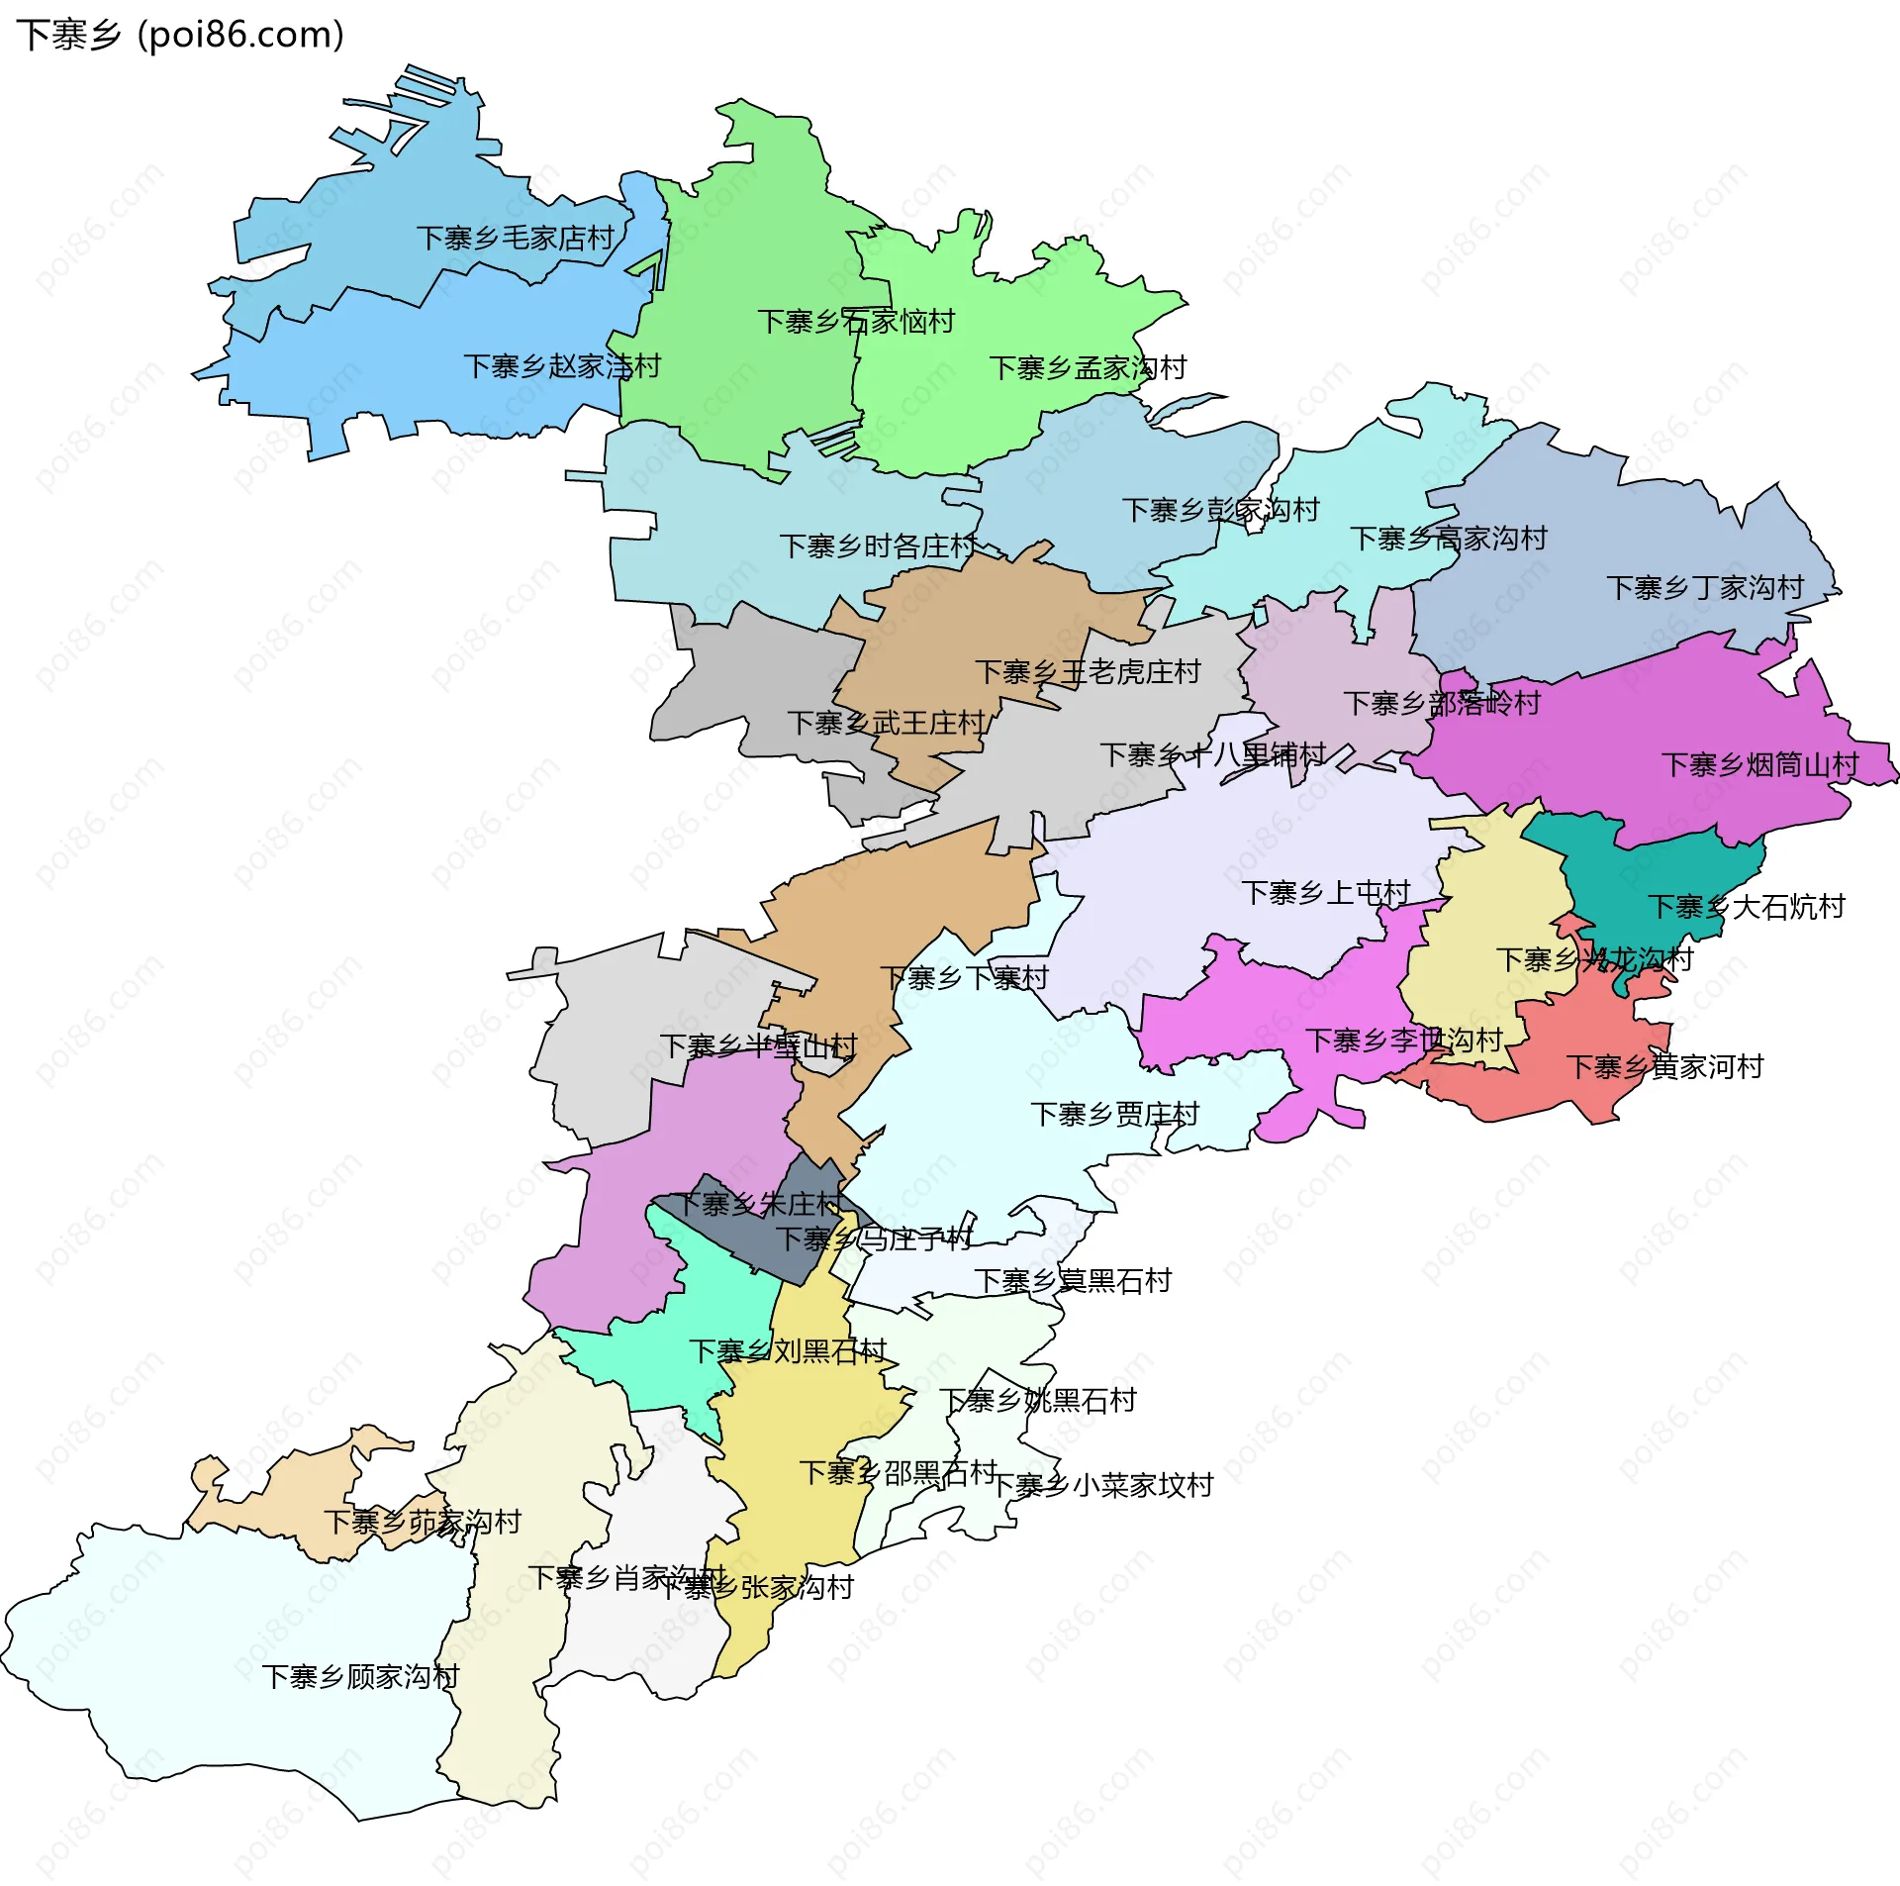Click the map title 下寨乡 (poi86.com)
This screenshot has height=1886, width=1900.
click(x=180, y=35)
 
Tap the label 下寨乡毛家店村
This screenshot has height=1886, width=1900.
click(x=515, y=239)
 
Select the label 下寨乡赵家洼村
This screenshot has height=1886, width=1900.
click(x=561, y=367)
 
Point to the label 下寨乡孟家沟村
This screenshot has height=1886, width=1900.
click(x=1088, y=368)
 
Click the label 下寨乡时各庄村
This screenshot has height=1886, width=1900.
click(x=878, y=546)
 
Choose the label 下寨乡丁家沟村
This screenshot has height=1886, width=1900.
click(x=1705, y=588)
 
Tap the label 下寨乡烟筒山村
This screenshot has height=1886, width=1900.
click(x=1759, y=765)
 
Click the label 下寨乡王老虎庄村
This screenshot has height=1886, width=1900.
click(x=1087, y=673)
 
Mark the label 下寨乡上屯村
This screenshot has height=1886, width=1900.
click(x=1325, y=893)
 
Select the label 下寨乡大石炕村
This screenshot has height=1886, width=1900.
click(x=1746, y=907)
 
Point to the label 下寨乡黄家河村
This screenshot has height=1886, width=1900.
click(x=1664, y=1067)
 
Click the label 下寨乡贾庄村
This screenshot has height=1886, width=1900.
click(x=1114, y=1115)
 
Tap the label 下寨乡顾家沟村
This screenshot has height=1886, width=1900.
click(x=360, y=1677)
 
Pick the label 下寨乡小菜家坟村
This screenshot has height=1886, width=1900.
click(x=1101, y=1485)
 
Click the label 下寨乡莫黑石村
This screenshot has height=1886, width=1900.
click(x=1072, y=1281)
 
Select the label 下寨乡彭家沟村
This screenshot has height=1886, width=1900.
click(x=1220, y=511)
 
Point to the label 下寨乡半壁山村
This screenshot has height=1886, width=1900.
click(x=758, y=1046)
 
